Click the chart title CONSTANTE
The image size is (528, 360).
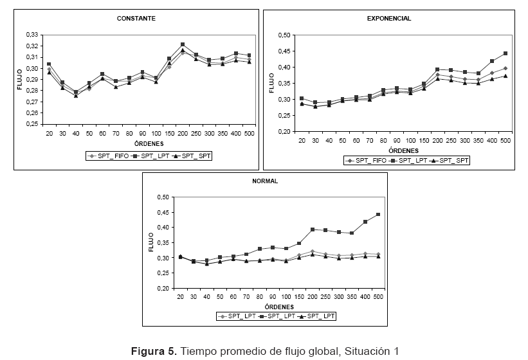136,19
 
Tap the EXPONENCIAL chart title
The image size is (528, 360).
389,19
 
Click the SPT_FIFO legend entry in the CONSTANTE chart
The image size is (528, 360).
109,155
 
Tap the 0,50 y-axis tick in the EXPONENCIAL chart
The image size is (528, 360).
284,35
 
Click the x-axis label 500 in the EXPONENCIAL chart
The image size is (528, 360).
505,139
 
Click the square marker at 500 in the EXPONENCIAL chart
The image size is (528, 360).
505,53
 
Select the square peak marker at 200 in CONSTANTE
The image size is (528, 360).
183,44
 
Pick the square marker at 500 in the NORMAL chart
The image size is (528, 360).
378,215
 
